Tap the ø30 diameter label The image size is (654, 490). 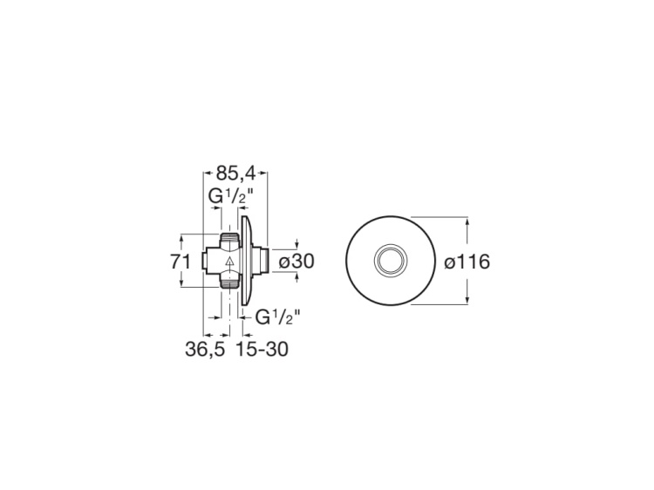(x=296, y=260)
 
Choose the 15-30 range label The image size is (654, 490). (x=261, y=350)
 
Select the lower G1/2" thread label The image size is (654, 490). (x=277, y=318)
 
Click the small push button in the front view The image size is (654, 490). (x=390, y=260)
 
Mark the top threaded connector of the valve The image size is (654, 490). (x=229, y=240)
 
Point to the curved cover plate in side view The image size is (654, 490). (x=250, y=260)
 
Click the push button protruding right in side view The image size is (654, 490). (x=263, y=260)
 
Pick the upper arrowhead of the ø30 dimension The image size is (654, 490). (x=296, y=244)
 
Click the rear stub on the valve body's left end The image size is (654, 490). (x=208, y=260)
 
